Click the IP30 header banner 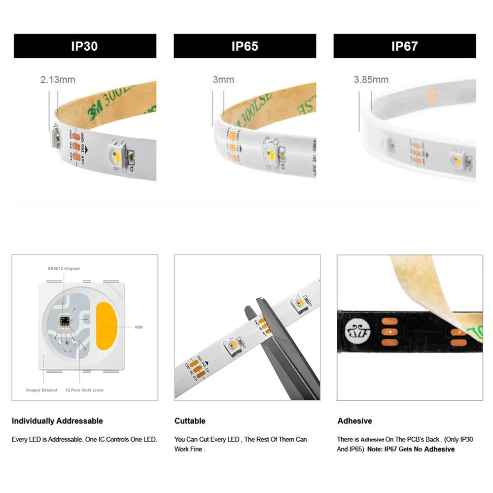point(85,46)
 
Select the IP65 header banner point(245,46)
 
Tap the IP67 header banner point(404,46)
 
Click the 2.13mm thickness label point(58,79)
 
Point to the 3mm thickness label point(223,79)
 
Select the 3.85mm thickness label point(371,79)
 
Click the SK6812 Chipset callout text point(64,269)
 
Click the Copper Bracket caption point(41,390)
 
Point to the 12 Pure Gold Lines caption point(84,390)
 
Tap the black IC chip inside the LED point(64,321)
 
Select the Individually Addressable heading point(57,421)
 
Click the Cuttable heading point(190,421)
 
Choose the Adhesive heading point(354,421)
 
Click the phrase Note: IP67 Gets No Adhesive point(411,449)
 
